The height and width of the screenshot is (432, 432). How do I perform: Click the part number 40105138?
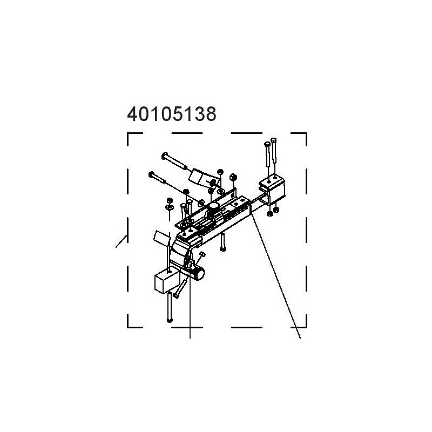tap(172, 114)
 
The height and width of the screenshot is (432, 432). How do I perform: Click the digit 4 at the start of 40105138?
tap(132, 114)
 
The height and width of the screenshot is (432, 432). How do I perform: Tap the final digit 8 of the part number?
tap(211, 114)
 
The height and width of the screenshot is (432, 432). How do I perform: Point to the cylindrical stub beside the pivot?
tap(198, 274)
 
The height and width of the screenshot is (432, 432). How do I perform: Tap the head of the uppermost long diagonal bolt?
tap(165, 155)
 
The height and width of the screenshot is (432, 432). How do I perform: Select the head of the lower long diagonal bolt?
tap(151, 174)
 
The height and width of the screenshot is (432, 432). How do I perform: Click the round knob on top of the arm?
tap(213, 207)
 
